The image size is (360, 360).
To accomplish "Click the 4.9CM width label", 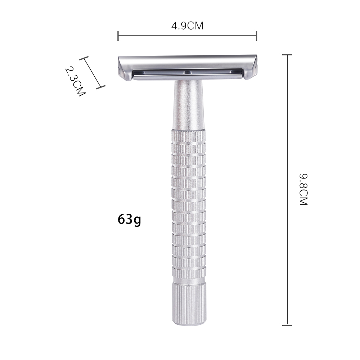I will (187, 26).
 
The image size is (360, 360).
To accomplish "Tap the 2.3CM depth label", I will (75, 81).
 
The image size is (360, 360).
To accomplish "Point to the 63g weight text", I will (129, 219).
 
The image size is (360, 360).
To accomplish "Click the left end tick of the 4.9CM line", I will (118, 36).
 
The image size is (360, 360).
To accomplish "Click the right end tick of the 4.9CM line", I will (256, 36).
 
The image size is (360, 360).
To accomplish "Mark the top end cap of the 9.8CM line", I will (287, 55).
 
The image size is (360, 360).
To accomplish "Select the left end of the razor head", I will (124, 68).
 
